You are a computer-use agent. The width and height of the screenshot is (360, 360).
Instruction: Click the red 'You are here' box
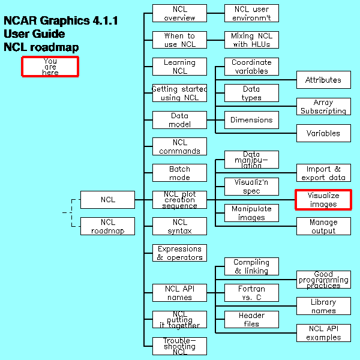pyautogui.click(x=50, y=66)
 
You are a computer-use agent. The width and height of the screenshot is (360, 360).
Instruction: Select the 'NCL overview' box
pyautogui.click(x=179, y=13)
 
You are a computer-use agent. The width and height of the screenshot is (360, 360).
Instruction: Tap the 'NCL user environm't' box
pyautogui.click(x=251, y=13)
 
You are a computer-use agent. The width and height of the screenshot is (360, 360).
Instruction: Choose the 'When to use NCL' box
pyautogui.click(x=179, y=40)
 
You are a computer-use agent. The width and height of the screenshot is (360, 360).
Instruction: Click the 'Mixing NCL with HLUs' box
pyautogui.click(x=251, y=40)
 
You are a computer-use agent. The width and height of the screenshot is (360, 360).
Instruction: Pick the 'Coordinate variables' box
pyautogui.click(x=251, y=67)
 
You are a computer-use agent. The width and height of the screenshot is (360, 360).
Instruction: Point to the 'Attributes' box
pyautogui.click(x=323, y=80)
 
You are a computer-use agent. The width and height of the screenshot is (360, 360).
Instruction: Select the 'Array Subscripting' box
pyautogui.click(x=323, y=107)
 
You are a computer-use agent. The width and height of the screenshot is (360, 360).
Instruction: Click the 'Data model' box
pyautogui.click(x=179, y=120)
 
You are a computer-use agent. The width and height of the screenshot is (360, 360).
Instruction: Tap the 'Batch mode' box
pyautogui.click(x=179, y=173)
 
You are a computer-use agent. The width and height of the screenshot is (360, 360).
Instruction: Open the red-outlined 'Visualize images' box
pyautogui.click(x=323, y=200)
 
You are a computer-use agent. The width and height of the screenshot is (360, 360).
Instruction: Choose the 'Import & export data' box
pyautogui.click(x=323, y=173)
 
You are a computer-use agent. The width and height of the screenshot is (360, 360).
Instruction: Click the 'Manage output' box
pyautogui.click(x=323, y=226)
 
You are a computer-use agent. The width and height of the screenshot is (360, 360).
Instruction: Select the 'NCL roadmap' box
pyautogui.click(x=107, y=226)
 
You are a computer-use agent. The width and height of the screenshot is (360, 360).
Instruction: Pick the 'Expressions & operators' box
pyautogui.click(x=179, y=253)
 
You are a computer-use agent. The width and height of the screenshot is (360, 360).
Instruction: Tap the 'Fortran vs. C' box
pyautogui.click(x=251, y=293)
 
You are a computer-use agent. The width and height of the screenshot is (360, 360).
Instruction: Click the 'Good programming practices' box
pyautogui.click(x=323, y=280)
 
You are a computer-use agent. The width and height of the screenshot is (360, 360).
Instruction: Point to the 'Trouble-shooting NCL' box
pyautogui.click(x=179, y=346)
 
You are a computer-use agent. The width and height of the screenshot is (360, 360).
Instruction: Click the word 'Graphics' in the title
pyautogui.click(x=66, y=21)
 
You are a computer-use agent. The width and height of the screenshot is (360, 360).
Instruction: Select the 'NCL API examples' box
pyautogui.click(x=323, y=333)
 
